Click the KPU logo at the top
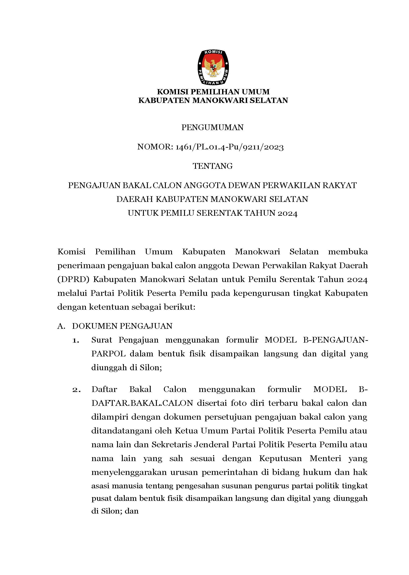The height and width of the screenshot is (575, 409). pyautogui.click(x=213, y=67)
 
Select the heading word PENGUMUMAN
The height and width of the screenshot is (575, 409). pyautogui.click(x=213, y=128)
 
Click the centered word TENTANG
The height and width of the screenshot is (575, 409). pyautogui.click(x=213, y=166)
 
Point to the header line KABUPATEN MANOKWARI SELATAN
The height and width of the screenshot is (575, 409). pyautogui.click(x=213, y=100)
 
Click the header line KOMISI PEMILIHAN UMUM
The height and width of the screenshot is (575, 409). pyautogui.click(x=213, y=92)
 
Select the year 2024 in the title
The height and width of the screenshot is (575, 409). pyautogui.click(x=288, y=213)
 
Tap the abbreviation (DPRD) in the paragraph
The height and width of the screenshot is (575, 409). pyautogui.click(x=72, y=280)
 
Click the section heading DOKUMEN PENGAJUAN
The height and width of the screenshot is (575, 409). pyautogui.click(x=122, y=326)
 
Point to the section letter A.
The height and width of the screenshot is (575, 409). pyautogui.click(x=61, y=326)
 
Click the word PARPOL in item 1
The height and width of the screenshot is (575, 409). pyautogui.click(x=108, y=354)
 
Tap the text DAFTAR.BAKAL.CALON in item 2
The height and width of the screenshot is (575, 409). pyautogui.click(x=142, y=403)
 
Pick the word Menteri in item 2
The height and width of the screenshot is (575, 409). pyautogui.click(x=325, y=458)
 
